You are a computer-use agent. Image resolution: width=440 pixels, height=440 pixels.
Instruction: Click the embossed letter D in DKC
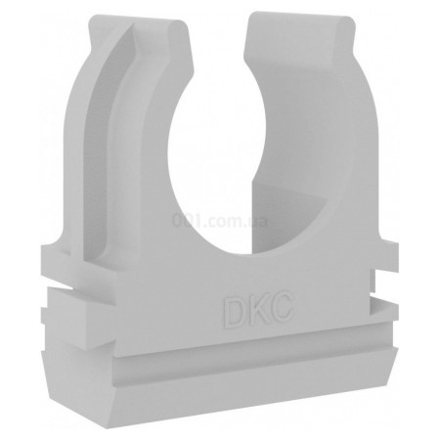coord(232,312)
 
